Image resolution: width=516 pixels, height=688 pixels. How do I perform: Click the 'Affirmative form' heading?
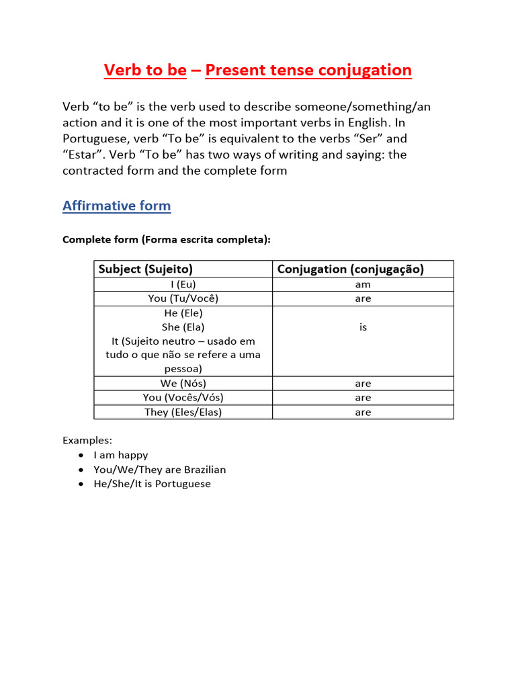[116, 206]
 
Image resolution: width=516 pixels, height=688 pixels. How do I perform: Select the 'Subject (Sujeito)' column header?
[146, 269]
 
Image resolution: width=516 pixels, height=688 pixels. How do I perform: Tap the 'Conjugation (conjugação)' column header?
[351, 269]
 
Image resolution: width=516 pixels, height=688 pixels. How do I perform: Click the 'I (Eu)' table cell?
[183, 284]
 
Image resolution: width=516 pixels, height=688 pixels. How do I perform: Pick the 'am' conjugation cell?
[363, 284]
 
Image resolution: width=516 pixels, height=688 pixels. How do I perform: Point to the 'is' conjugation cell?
[363, 327]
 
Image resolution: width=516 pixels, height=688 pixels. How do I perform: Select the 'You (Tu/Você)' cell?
[183, 298]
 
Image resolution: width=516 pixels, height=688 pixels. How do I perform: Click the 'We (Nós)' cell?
[183, 383]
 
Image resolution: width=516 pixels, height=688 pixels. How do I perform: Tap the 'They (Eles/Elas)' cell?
[183, 412]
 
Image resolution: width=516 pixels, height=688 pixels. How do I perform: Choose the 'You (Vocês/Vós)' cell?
[183, 397]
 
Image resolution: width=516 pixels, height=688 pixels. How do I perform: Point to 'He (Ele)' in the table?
[183, 313]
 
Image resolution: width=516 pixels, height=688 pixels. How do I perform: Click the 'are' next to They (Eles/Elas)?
[363, 412]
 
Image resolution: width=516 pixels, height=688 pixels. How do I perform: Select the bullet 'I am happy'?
[121, 455]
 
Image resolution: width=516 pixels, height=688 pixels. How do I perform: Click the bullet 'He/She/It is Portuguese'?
[152, 484]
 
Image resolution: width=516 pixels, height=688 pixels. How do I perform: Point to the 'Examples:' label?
[87, 440]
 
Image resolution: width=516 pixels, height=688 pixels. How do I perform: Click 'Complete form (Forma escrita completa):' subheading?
[167, 239]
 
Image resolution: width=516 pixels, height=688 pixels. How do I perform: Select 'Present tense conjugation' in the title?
[308, 70]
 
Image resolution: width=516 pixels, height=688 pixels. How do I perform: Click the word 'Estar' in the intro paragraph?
[85, 155]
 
